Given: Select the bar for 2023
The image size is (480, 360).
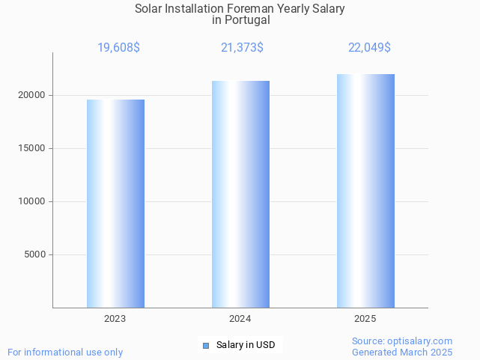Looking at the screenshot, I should (x=115, y=204).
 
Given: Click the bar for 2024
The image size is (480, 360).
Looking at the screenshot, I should (x=240, y=195).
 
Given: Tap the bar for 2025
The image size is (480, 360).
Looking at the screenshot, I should (x=365, y=191).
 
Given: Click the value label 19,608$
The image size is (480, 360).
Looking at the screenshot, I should (x=118, y=48).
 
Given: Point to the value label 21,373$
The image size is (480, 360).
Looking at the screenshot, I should (x=242, y=48).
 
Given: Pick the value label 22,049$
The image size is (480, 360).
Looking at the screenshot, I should (x=369, y=48).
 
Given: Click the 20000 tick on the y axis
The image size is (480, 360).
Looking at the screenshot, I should (x=32, y=95).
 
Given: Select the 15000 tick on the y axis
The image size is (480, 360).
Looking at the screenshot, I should (x=32, y=148).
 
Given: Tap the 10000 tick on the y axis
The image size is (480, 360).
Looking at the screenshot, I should (x=32, y=201).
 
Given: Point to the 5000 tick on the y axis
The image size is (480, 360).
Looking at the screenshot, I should (x=35, y=254).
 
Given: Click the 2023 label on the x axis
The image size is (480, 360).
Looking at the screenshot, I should (x=115, y=319).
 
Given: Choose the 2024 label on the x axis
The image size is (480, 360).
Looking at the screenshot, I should (x=240, y=319).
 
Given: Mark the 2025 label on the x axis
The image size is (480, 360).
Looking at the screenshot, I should (x=365, y=319).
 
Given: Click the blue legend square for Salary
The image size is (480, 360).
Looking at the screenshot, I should (x=207, y=345).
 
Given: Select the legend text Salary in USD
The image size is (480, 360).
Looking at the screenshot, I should (x=246, y=345).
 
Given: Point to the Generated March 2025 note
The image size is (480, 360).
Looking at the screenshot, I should (x=402, y=352).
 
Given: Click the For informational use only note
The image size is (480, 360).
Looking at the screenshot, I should (x=65, y=352).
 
